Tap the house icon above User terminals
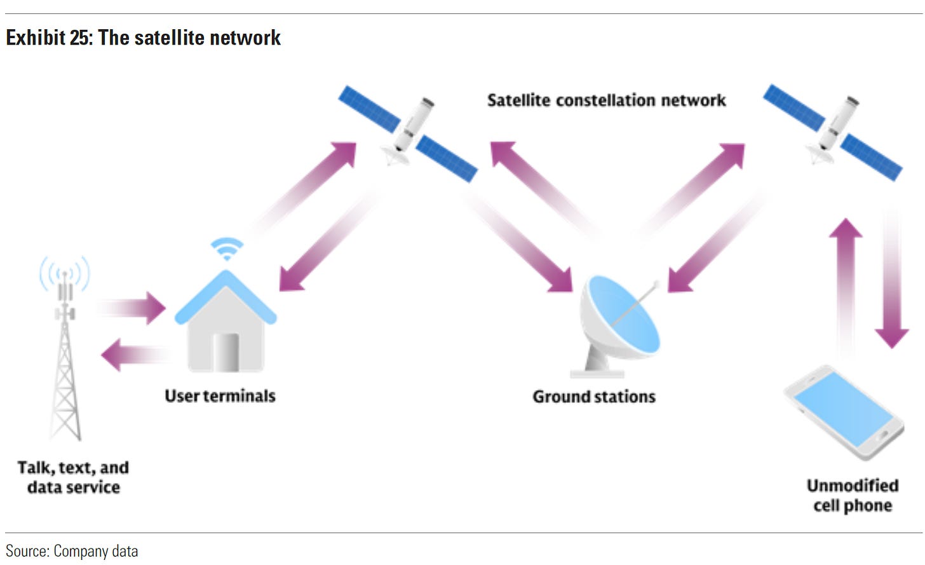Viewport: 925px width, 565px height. tap(226, 324)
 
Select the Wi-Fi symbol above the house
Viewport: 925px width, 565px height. tap(226, 248)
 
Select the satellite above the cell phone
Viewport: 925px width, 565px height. tap(832, 131)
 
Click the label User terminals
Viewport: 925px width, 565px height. tap(220, 396)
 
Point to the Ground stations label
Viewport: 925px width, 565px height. tap(594, 397)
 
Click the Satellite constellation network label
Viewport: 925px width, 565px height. tap(606, 100)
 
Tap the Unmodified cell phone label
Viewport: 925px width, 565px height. tap(853, 495)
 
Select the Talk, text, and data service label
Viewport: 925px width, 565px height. tap(73, 477)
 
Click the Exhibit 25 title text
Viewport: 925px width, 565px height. tap(143, 37)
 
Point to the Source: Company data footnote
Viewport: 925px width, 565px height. tap(72, 550)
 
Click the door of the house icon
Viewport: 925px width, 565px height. tap(226, 353)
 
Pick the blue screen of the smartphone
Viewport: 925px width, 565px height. tap(842, 409)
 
